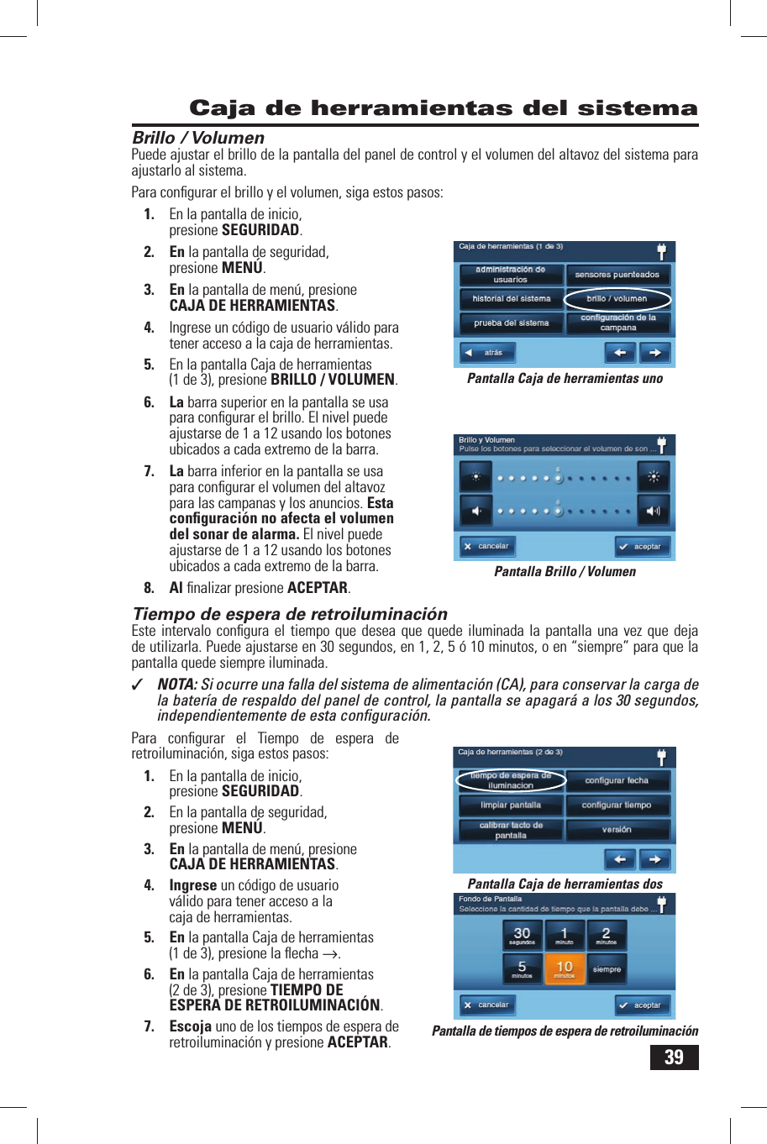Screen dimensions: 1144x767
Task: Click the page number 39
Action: pyautogui.click(x=674, y=1057)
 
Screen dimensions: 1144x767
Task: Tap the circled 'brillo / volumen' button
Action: pyautogui.click(x=617, y=299)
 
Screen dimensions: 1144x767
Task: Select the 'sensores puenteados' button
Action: pyautogui.click(x=617, y=275)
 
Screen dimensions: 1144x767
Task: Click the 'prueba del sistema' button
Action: pyautogui.click(x=511, y=323)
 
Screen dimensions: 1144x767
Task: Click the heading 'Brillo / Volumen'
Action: pyautogui.click(x=198, y=138)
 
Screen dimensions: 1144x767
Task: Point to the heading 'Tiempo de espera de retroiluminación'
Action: pyautogui.click(x=290, y=614)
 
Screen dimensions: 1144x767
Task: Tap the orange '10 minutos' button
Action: pyautogui.click(x=565, y=969)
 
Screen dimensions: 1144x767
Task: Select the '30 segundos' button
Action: pyautogui.click(x=522, y=935)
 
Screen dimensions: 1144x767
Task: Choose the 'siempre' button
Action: pyautogui.click(x=607, y=969)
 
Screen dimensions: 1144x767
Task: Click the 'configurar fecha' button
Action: pyautogui.click(x=617, y=781)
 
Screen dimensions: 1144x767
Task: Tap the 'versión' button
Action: pyautogui.click(x=617, y=830)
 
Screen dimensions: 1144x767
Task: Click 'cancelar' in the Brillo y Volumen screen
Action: pyautogui.click(x=486, y=547)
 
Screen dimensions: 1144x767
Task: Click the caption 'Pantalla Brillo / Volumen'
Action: pyautogui.click(x=565, y=572)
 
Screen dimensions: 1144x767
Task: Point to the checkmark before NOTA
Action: pyautogui.click(x=138, y=685)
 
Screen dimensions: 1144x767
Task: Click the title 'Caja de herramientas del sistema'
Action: pyautogui.click(x=444, y=108)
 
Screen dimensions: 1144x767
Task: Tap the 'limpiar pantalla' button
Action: pyautogui.click(x=511, y=806)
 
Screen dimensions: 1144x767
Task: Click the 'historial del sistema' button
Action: pyautogui.click(x=511, y=299)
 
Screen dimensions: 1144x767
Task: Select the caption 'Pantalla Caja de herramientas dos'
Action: pyautogui.click(x=565, y=884)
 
